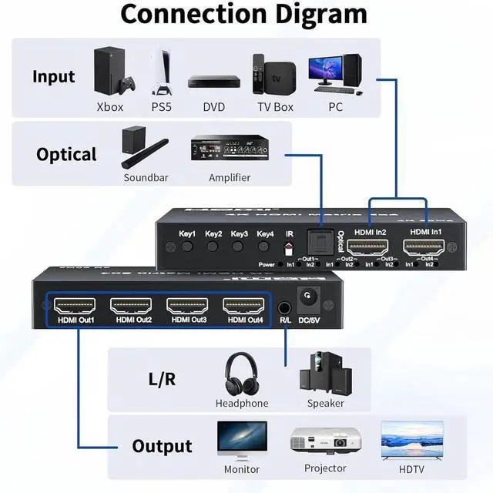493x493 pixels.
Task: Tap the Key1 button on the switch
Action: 187,248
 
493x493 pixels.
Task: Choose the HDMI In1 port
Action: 424,248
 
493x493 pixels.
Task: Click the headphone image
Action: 241,373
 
